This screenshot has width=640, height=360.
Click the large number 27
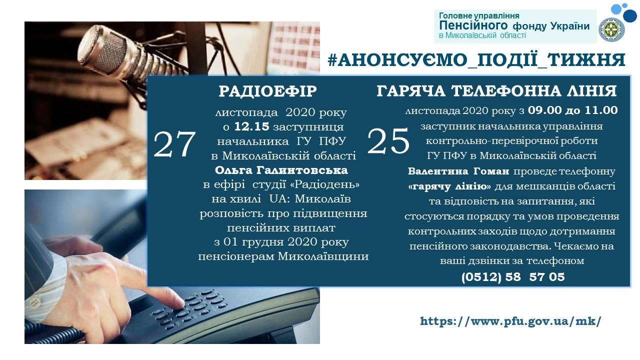[x=174, y=144]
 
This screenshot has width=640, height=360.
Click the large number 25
[x=388, y=141]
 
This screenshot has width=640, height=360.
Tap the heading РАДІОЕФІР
[x=268, y=91]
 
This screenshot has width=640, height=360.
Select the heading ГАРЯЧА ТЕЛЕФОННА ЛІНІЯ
[x=496, y=91]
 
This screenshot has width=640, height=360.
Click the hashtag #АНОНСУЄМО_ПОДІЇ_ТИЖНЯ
[x=476, y=60]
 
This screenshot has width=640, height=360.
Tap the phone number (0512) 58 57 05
[x=513, y=277]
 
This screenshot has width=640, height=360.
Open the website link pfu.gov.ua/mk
[x=510, y=321]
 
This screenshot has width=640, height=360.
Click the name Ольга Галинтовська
[x=281, y=170]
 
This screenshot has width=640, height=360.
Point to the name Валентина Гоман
[x=458, y=171]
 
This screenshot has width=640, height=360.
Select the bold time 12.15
[x=251, y=126]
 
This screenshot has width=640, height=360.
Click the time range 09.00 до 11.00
[x=572, y=110]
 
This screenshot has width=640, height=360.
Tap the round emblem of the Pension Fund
[x=611, y=29]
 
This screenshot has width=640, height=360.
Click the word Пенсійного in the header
[x=473, y=25]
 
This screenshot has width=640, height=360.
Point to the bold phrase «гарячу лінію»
[x=449, y=186]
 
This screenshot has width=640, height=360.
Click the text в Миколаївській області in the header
[x=482, y=35]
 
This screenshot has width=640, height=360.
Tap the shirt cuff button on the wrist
[x=35, y=302]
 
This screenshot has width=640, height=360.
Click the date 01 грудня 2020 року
[x=286, y=242]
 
